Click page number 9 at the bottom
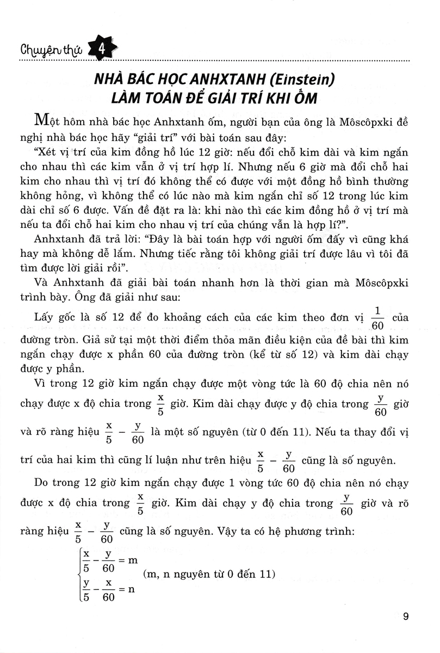pyautogui.click(x=407, y=616)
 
